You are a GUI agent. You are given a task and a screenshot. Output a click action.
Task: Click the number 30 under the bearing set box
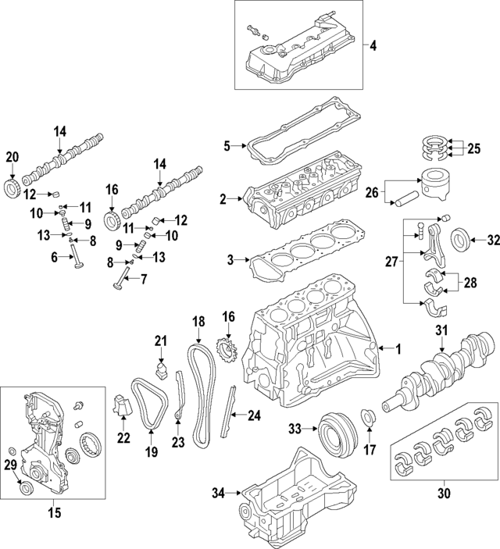445,493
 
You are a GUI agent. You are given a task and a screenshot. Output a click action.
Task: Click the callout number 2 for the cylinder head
223,200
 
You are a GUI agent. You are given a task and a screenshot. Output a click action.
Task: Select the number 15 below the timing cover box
53,513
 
